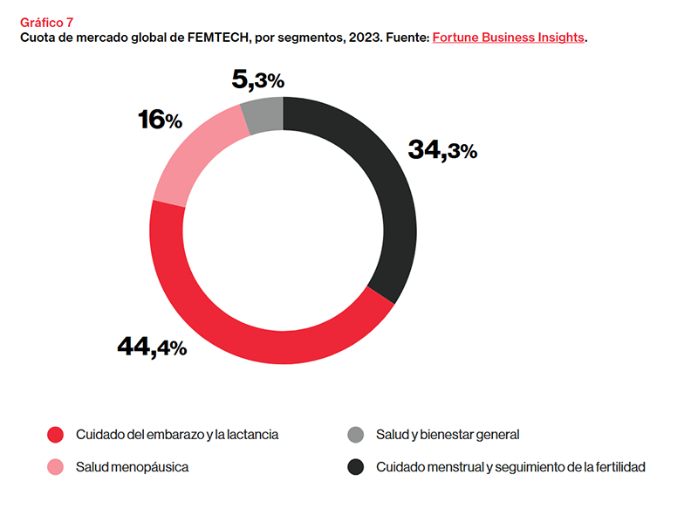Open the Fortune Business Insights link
[x=508, y=38]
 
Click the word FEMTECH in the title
[x=216, y=38]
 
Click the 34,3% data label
[x=442, y=150]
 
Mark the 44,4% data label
[x=152, y=347]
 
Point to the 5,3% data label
[x=258, y=80]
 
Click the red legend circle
[x=56, y=434]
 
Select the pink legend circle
[x=56, y=467]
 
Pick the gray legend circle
[x=355, y=434]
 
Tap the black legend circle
[x=355, y=467]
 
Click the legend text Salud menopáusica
[x=132, y=467]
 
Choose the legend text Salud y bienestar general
[x=448, y=434]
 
